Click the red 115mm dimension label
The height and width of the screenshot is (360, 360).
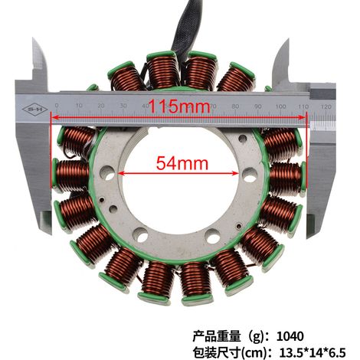179,106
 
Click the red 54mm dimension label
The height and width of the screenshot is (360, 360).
182,163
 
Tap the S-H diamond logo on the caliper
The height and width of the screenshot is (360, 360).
34,110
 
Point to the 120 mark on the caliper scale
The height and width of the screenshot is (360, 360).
326,106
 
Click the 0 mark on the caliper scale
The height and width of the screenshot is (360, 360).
57,106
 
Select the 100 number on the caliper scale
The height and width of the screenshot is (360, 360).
280,106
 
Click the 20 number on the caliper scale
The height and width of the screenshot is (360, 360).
101,106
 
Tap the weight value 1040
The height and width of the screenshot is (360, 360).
290,336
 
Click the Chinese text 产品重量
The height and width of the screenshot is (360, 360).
217,336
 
